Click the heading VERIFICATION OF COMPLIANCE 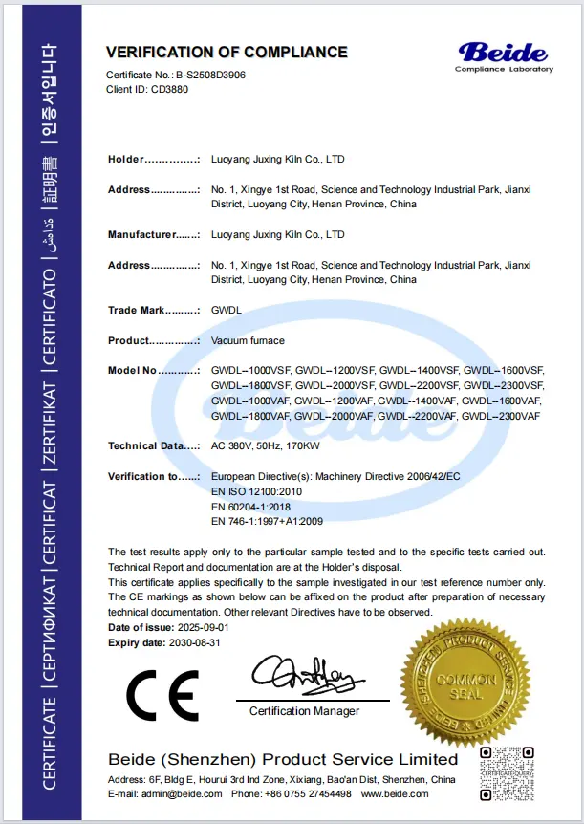(227, 52)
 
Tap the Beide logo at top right (503, 54)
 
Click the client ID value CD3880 (169, 87)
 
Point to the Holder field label (125, 160)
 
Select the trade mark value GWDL (225, 310)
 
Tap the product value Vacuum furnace (248, 340)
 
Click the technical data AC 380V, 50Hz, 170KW (267, 445)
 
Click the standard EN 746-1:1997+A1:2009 (268, 521)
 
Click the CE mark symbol (163, 695)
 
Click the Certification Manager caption (305, 711)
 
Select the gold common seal (465, 679)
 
